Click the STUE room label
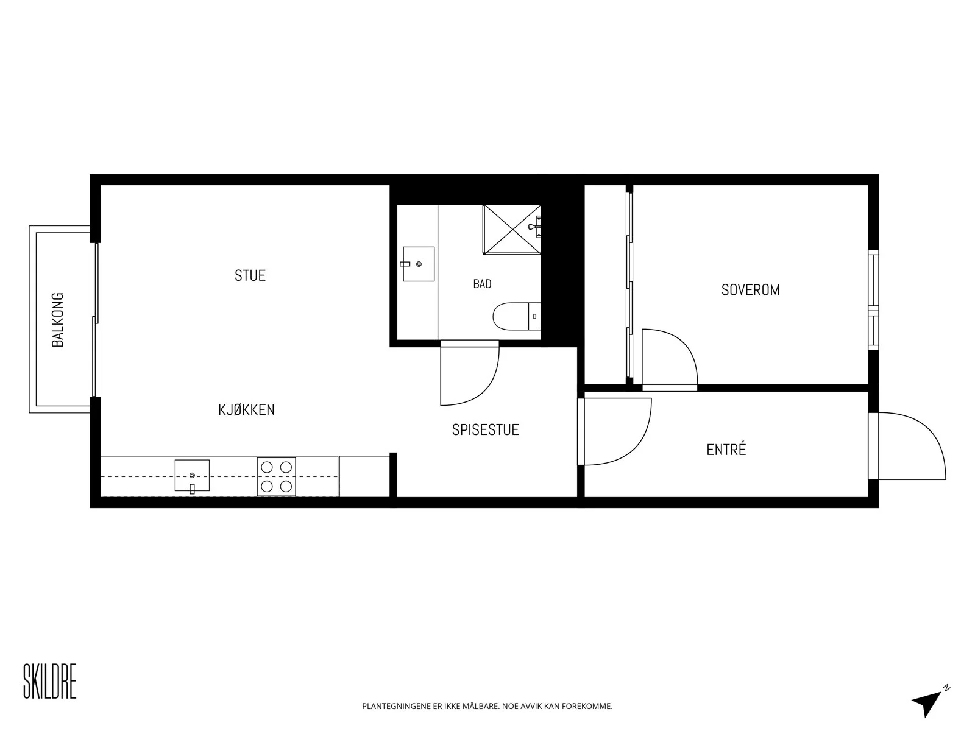click(x=250, y=275)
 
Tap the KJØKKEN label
click(x=247, y=409)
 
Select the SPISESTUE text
click(x=486, y=429)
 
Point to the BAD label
click(x=482, y=284)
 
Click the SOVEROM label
click(x=750, y=291)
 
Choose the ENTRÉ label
click(x=726, y=450)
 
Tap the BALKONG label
click(x=58, y=320)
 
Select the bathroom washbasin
click(x=418, y=264)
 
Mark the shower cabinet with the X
click(x=512, y=230)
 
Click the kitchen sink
click(x=192, y=476)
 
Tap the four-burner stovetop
click(x=276, y=477)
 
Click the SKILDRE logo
click(x=49, y=681)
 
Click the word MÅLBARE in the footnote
click(x=481, y=706)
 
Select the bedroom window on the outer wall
click(x=873, y=300)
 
